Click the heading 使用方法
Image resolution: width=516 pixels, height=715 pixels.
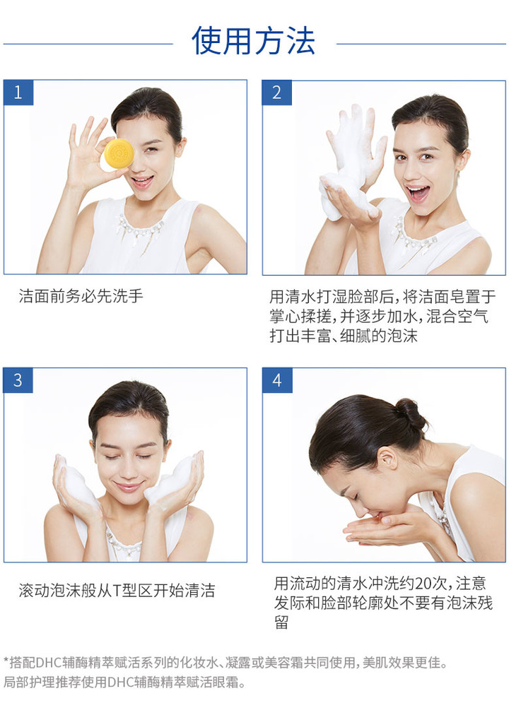pos(254,41)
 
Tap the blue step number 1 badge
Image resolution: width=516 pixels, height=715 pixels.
pos(18,93)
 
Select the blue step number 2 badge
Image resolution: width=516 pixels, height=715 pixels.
pos(277,93)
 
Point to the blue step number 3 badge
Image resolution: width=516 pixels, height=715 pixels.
pos(18,380)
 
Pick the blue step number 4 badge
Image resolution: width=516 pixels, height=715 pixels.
pos(277,380)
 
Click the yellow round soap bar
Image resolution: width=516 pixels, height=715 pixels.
pos(119,154)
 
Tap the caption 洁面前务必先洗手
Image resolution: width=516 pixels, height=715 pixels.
pos(81,296)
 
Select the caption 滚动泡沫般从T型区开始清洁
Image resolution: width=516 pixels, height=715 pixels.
pos(117,590)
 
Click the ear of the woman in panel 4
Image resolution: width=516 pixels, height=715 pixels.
pos(387,459)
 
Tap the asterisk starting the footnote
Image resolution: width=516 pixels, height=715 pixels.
pos(6,661)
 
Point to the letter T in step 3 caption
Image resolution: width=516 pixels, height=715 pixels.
pos(117,591)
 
